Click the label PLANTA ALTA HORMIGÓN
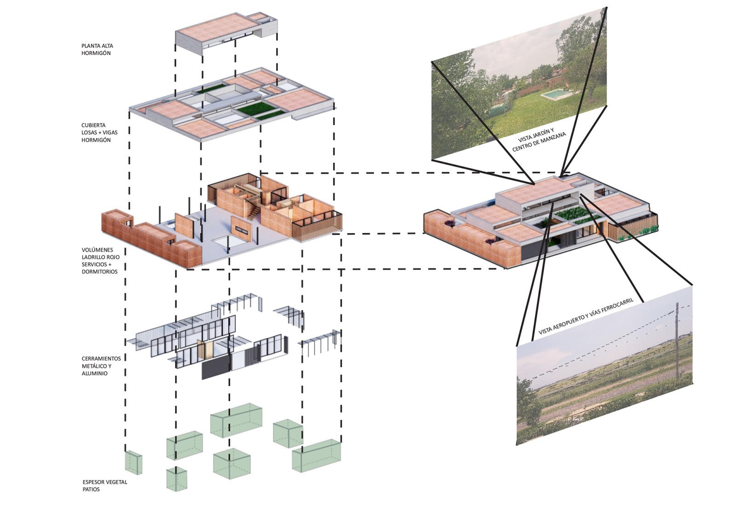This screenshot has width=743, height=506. [x=97, y=49]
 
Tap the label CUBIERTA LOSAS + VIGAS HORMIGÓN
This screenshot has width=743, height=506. [x=99, y=132]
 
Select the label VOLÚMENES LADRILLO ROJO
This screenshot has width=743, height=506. [x=100, y=253]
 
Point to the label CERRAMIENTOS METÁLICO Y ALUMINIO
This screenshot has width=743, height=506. [x=101, y=366]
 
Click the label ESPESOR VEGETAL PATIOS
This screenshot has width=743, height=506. [x=105, y=485]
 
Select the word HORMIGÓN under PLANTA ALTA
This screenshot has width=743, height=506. [x=96, y=53]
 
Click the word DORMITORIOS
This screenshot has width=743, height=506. [x=100, y=271]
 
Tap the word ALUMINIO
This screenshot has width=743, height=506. [x=94, y=374]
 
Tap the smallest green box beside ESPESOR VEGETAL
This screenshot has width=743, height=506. [x=133, y=462]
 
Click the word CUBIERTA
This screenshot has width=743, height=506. [x=93, y=125]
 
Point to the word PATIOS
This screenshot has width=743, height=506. [x=91, y=489]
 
